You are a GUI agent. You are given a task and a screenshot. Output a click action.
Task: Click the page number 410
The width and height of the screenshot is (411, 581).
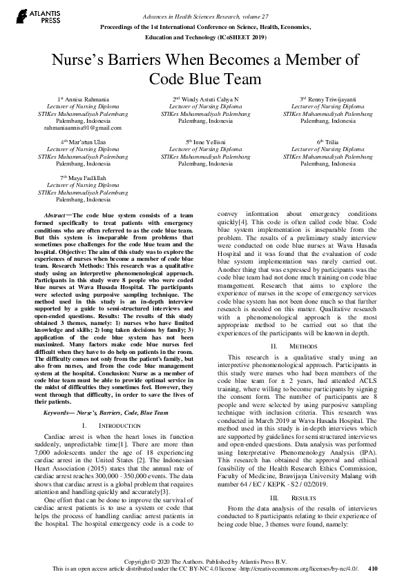coord(374,569)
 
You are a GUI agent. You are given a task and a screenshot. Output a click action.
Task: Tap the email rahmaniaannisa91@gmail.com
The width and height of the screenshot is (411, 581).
coord(83,128)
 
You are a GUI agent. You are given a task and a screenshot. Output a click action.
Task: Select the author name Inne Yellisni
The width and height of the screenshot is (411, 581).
coord(205,141)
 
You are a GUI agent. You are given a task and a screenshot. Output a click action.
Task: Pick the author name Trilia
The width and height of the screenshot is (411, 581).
coord(327,141)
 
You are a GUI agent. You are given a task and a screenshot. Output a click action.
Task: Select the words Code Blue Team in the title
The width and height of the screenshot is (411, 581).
coord(205,79)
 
